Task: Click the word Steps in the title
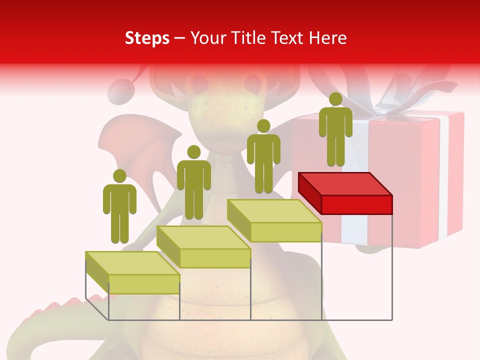click(147, 38)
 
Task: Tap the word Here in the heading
click(326, 38)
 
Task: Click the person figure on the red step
click(335, 132)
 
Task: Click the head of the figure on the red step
click(335, 99)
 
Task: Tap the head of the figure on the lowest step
click(119, 176)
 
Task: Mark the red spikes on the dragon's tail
click(50, 310)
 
